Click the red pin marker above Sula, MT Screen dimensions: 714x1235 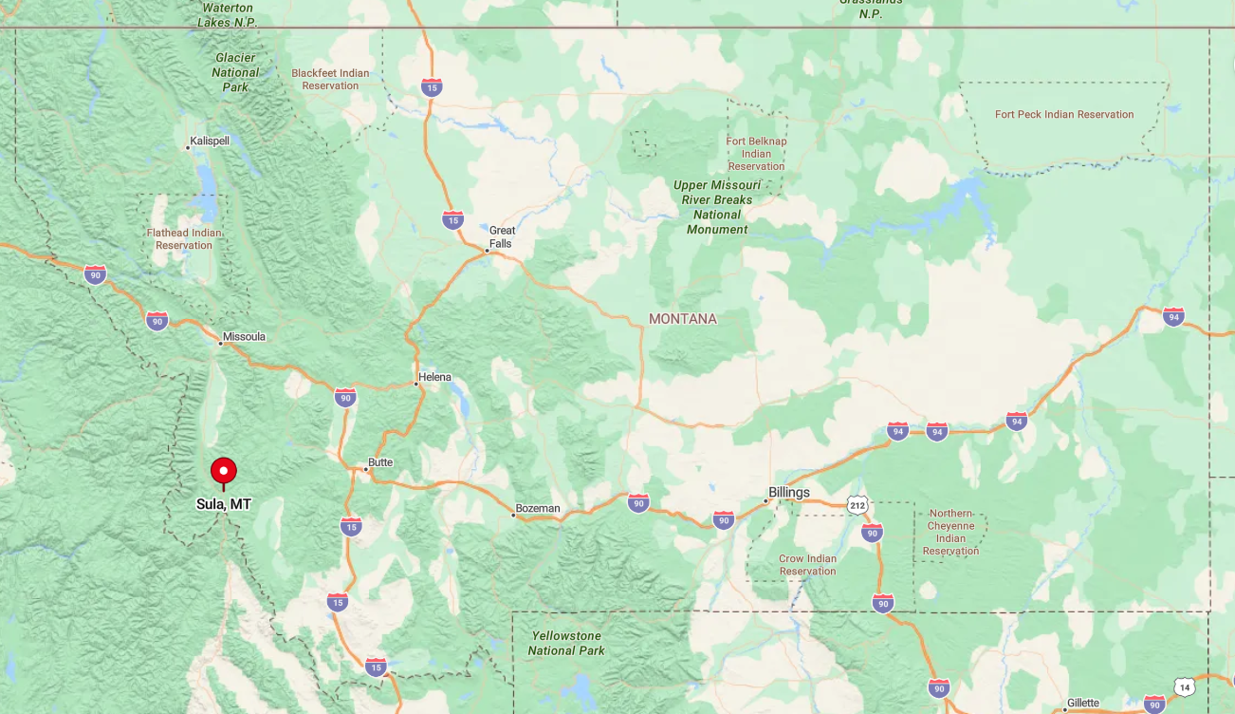224,471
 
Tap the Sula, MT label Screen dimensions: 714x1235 224,504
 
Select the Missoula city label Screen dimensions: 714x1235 244,337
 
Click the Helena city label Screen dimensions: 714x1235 435,377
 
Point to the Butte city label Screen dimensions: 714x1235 380,462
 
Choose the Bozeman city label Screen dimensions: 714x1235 538,509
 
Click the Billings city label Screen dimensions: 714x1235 789,492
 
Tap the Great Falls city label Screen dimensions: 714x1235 502,237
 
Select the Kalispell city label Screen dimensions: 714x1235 210,141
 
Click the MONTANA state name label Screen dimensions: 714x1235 683,319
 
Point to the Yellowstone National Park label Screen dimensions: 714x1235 565,643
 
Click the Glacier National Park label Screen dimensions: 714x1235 235,72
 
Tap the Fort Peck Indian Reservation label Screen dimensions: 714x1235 1063,115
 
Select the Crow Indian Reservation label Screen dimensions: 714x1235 807,565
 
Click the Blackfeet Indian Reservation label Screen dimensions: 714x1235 330,79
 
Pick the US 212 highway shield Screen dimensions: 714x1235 857,505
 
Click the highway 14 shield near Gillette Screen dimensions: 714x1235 1183,686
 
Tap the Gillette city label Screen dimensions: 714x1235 1082,704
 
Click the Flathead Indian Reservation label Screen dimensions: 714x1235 184,239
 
